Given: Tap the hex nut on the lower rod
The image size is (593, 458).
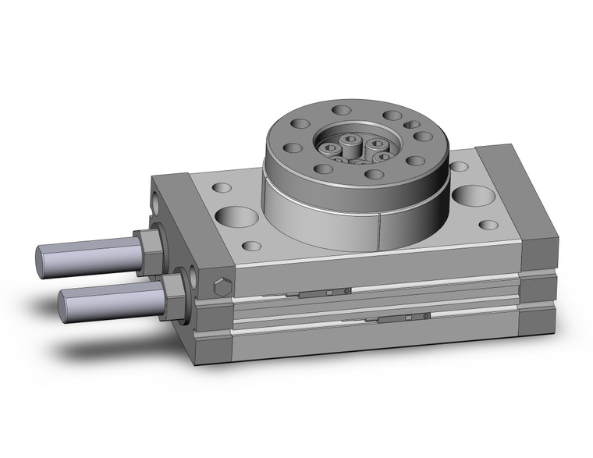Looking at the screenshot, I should pyautogui.click(x=176, y=290).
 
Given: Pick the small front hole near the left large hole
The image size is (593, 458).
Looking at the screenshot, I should pyautogui.click(x=251, y=246).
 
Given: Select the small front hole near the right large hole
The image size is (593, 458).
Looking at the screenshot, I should pyautogui.click(x=488, y=225).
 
